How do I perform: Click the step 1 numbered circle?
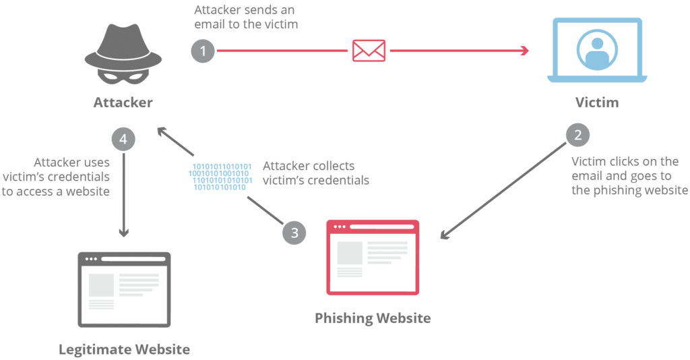[x=203, y=51]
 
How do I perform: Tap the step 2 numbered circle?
[x=577, y=134]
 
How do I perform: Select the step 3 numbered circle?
[x=294, y=233]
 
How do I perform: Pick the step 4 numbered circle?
[x=123, y=140]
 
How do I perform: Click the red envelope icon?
[x=369, y=51]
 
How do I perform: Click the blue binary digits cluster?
[x=220, y=177]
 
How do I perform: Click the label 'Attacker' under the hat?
[x=123, y=103]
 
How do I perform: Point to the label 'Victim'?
[x=596, y=103]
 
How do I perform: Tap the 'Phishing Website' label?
[x=373, y=318]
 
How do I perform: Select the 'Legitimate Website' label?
[x=124, y=349]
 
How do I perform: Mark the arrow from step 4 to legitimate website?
[x=123, y=196]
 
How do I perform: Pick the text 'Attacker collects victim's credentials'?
[x=315, y=173]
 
